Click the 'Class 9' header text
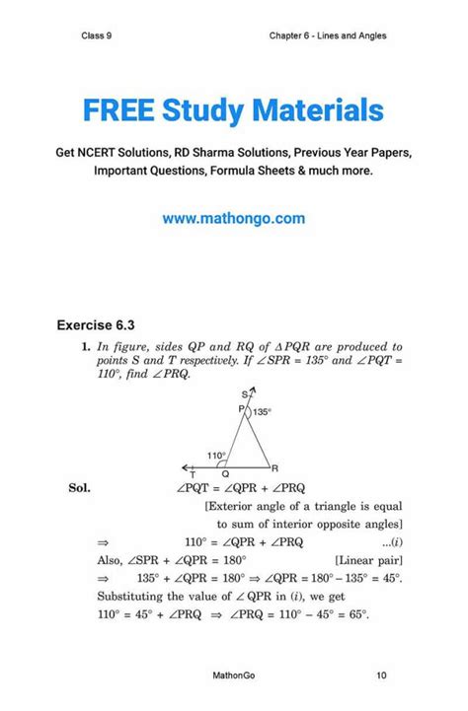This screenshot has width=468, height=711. (96, 36)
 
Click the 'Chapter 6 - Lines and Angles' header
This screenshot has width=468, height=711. (327, 36)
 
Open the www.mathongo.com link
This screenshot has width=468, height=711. (233, 218)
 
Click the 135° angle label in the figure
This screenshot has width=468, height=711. (262, 413)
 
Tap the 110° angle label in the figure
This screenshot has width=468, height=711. (217, 455)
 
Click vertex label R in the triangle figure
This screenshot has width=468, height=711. (275, 468)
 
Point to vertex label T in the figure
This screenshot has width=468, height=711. (193, 475)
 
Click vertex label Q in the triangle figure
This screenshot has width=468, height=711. (226, 475)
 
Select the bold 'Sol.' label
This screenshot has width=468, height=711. (80, 487)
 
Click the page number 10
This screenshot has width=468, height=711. (381, 676)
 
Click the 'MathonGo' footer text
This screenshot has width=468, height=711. (233, 676)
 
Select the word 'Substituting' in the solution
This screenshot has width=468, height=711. (131, 597)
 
